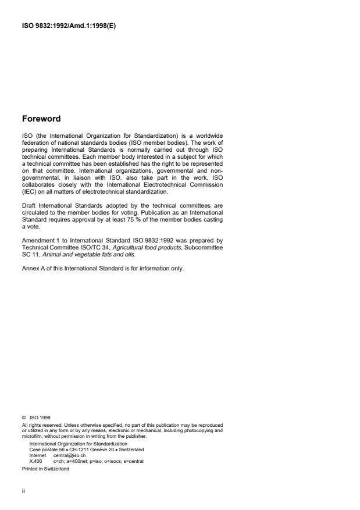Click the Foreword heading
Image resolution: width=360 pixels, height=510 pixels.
[41, 119]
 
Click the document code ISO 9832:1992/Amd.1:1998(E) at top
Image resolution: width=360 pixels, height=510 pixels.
[69, 25]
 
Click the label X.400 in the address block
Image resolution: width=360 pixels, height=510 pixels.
[35, 461]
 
